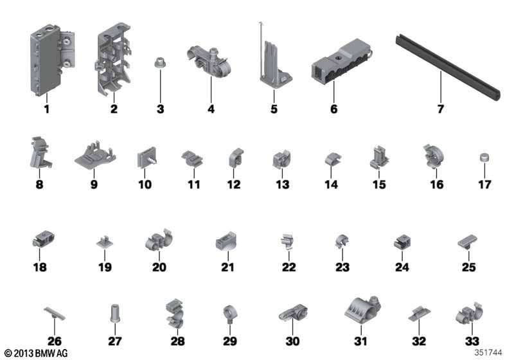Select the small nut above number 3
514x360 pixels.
[160, 62]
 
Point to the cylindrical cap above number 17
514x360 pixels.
[484, 157]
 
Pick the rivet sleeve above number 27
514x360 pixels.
[115, 313]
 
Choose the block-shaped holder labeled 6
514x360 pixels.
[341, 64]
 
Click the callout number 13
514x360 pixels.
[283, 184]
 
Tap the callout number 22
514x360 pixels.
[288, 267]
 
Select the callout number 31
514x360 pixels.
[360, 341]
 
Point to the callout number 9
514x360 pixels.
[94, 184]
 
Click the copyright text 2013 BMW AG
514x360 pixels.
[37, 354]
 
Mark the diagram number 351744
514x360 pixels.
[488, 352]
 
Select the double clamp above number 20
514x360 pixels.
[159, 240]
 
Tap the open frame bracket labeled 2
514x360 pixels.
[114, 59]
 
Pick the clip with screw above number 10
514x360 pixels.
[146, 157]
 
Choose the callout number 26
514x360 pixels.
[55, 341]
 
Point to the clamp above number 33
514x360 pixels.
[470, 314]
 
